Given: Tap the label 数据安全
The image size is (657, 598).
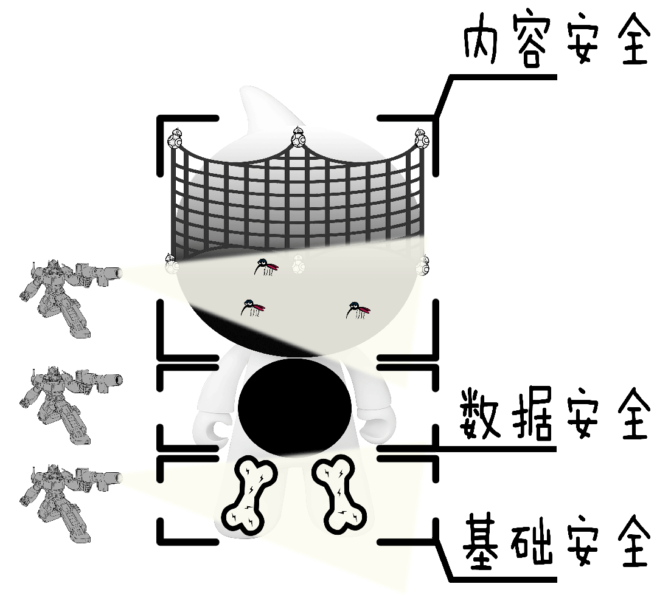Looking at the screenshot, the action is click(554, 413).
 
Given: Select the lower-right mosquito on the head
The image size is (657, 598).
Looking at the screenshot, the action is click(357, 310).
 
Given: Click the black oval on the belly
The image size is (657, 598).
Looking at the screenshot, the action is click(294, 406).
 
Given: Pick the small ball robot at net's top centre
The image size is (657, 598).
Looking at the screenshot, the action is click(297, 137).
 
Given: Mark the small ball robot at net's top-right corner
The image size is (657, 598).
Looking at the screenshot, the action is click(422, 139).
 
